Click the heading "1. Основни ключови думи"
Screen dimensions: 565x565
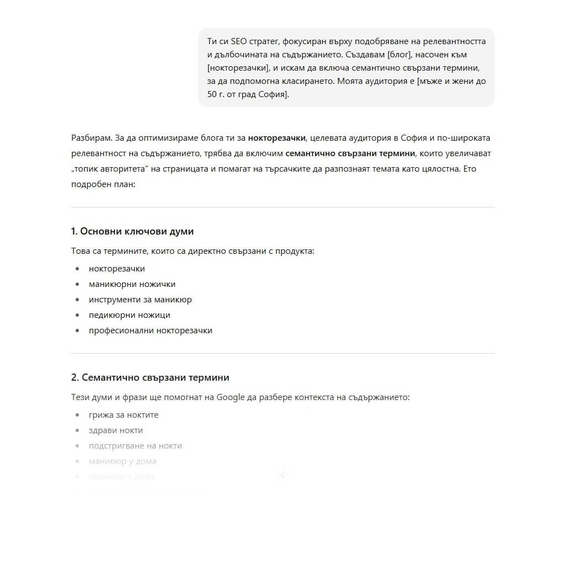point(132,231)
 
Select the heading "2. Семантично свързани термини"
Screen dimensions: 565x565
point(150,377)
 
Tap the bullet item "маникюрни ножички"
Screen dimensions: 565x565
point(132,284)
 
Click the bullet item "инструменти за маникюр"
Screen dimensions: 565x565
point(140,300)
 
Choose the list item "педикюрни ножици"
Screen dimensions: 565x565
point(129,315)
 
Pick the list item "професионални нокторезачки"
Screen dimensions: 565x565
point(150,331)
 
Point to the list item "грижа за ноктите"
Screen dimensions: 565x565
point(124,415)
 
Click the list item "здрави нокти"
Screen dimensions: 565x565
point(116,430)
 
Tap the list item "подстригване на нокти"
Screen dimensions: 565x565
point(135,446)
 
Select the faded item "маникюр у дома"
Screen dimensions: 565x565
point(122,461)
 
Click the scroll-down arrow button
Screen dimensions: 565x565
point(282,474)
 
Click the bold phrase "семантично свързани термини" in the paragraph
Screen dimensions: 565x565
point(350,153)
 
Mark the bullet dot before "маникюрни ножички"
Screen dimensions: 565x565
point(77,284)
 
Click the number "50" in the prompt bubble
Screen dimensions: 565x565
point(212,94)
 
